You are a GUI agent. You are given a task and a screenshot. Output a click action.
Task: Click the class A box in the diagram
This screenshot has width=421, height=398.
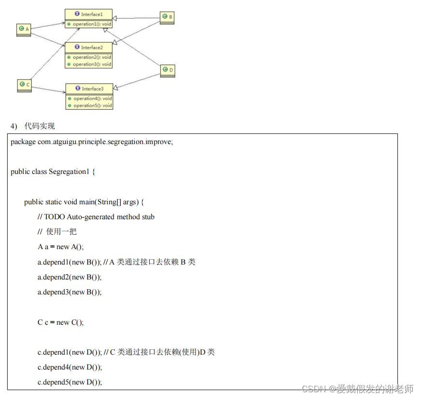(x=24, y=29)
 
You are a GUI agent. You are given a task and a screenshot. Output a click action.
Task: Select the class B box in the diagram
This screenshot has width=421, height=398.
(x=167, y=17)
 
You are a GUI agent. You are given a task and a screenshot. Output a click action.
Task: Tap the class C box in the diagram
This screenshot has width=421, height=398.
(x=24, y=85)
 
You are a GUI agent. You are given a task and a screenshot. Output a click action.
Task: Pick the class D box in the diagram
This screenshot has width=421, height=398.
(x=168, y=70)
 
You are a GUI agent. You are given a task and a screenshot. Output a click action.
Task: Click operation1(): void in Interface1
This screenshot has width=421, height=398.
(x=92, y=24)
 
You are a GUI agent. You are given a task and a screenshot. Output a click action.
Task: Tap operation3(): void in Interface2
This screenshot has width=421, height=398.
(x=92, y=64)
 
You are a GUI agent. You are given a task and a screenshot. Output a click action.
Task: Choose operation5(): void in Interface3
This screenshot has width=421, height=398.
(x=92, y=106)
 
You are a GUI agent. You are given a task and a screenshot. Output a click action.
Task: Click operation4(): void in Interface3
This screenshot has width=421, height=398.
(x=92, y=98)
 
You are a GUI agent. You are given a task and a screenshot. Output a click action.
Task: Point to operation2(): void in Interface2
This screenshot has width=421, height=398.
(x=92, y=57)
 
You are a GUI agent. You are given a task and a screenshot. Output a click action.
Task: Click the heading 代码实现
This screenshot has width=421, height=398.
(x=40, y=126)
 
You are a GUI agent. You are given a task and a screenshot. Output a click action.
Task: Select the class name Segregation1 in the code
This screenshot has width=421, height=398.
(x=69, y=172)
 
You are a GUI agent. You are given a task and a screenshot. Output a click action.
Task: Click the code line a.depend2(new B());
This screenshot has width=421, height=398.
(x=70, y=277)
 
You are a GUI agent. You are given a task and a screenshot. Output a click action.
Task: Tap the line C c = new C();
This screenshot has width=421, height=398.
(x=60, y=322)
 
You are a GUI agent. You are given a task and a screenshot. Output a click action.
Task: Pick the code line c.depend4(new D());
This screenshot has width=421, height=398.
(x=70, y=367)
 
